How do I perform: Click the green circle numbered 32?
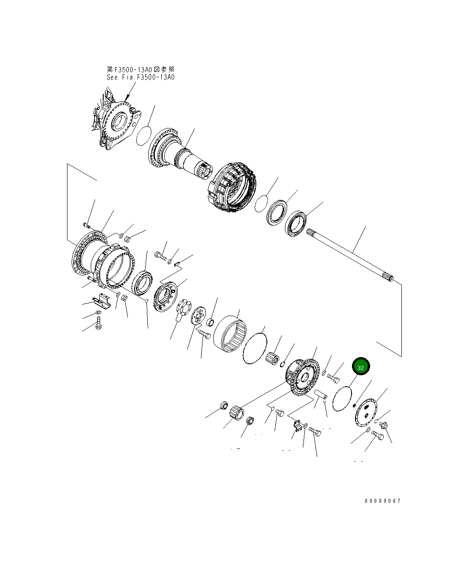tap(360, 367)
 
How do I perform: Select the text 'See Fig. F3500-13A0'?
tap(141, 77)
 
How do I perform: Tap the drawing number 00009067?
tap(382, 501)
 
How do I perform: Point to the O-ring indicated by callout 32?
tap(342, 399)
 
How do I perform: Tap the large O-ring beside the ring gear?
tap(255, 349)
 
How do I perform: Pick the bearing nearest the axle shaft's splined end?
tap(296, 222)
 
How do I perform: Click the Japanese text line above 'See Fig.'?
tap(141, 69)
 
